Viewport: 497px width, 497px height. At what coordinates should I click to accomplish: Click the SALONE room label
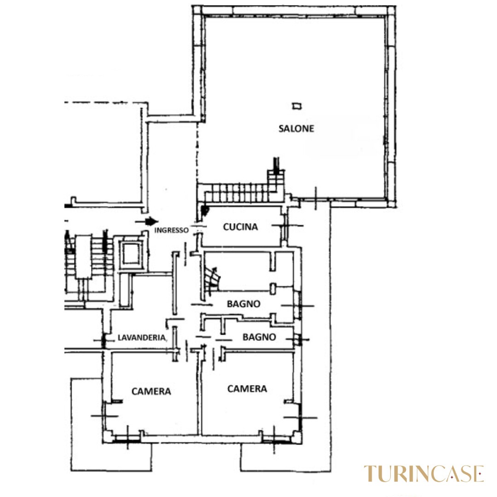click(296, 128)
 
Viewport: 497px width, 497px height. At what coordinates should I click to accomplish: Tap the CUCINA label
click(240, 227)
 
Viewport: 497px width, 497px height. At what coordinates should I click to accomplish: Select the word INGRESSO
click(171, 230)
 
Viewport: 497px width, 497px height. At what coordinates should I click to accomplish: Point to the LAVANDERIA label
click(142, 338)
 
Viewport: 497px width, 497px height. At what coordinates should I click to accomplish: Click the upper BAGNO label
click(243, 304)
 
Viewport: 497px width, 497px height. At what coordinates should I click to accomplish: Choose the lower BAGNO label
click(259, 337)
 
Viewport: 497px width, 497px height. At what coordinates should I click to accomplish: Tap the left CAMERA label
click(151, 392)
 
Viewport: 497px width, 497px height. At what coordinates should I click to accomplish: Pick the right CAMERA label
click(247, 388)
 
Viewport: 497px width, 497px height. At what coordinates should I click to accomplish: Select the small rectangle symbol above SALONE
click(297, 106)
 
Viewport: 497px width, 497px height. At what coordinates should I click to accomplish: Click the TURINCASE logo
click(424, 474)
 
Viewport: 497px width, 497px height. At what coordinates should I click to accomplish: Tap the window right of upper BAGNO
click(298, 306)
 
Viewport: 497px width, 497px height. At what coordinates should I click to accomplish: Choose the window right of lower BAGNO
click(297, 339)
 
